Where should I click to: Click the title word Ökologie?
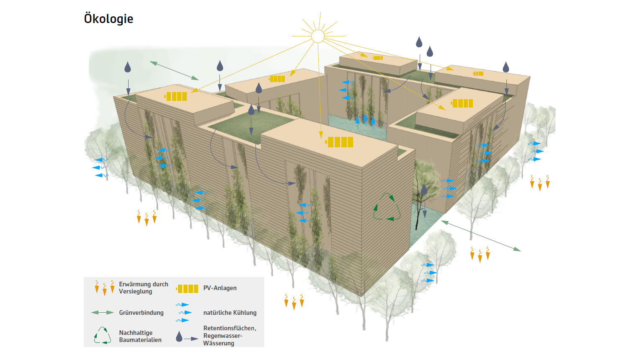point(108,19)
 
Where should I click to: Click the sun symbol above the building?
point(318,36)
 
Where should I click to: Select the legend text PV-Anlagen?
point(220,288)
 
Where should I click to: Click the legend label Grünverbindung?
point(141,313)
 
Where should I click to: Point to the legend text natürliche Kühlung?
point(230,313)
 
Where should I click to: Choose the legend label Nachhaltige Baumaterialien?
point(140,336)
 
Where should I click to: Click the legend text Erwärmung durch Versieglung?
point(143,288)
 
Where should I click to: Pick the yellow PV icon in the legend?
point(187,288)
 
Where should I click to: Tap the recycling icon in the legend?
point(102,336)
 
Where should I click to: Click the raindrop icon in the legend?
point(179,337)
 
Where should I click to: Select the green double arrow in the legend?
point(103,313)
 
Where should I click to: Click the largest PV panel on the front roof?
point(340,142)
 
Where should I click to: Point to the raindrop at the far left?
point(128,67)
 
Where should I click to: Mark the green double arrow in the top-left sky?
point(174,70)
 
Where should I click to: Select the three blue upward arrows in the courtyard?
point(365,121)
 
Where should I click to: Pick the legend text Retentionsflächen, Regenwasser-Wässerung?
point(230,336)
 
